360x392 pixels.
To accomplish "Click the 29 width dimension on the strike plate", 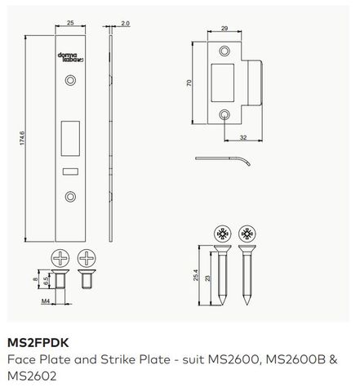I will tap(224, 30).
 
